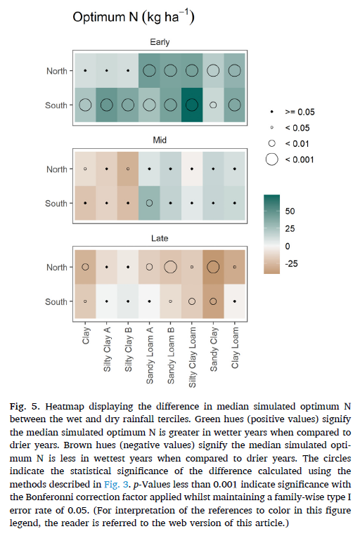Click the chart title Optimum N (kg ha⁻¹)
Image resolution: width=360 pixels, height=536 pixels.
click(134, 17)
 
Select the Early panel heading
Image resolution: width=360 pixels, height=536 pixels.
click(160, 42)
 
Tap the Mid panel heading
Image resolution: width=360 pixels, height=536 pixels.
click(160, 140)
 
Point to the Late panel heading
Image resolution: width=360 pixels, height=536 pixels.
click(160, 238)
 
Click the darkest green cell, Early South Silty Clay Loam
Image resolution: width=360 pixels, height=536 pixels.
click(192, 105)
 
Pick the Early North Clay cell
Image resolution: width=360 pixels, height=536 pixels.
click(85, 71)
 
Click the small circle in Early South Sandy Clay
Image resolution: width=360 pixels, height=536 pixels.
click(213, 105)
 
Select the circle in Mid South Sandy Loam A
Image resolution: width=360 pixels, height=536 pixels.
click(149, 203)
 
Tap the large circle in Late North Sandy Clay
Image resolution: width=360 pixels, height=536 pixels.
click(213, 267)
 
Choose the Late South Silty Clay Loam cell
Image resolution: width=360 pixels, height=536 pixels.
click(192, 301)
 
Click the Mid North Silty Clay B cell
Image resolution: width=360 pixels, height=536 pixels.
click(128, 169)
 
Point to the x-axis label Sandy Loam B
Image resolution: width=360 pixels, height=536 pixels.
click(171, 355)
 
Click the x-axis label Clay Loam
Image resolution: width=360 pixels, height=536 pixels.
click(235, 348)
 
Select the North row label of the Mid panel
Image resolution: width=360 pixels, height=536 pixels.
click(57, 169)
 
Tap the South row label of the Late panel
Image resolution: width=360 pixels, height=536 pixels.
click(56, 301)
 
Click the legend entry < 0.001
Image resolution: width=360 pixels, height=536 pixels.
click(289, 159)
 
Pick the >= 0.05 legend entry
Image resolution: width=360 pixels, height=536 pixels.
click(292, 112)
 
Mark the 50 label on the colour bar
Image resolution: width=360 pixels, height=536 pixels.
click(290, 211)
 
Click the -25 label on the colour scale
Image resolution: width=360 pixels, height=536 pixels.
click(291, 263)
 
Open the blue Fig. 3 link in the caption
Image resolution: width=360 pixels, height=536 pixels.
click(116, 485)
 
